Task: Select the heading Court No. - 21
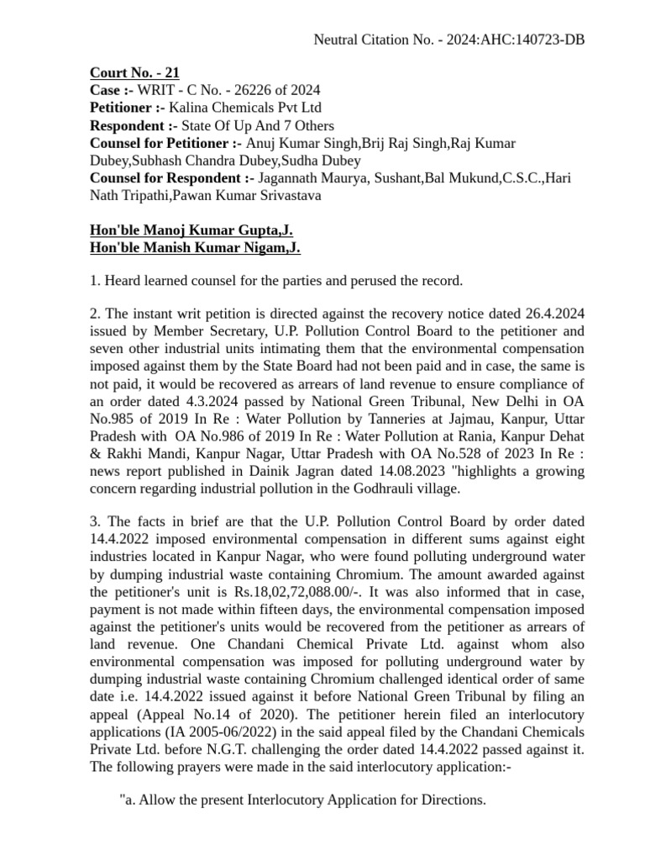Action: point(134,73)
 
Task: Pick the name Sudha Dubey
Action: point(325,161)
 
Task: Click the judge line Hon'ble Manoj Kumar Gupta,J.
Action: point(191,231)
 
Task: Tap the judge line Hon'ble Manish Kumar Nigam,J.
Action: point(195,248)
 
